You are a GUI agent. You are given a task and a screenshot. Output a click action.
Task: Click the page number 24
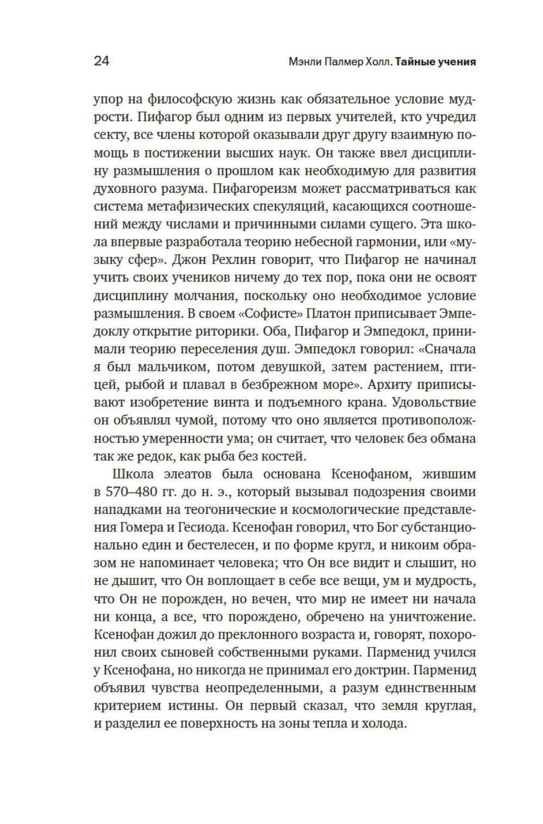[x=102, y=60]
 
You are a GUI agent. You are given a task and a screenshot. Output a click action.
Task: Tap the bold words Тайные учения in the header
[x=435, y=61]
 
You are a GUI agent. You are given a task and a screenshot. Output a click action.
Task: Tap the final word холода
[x=385, y=724]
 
